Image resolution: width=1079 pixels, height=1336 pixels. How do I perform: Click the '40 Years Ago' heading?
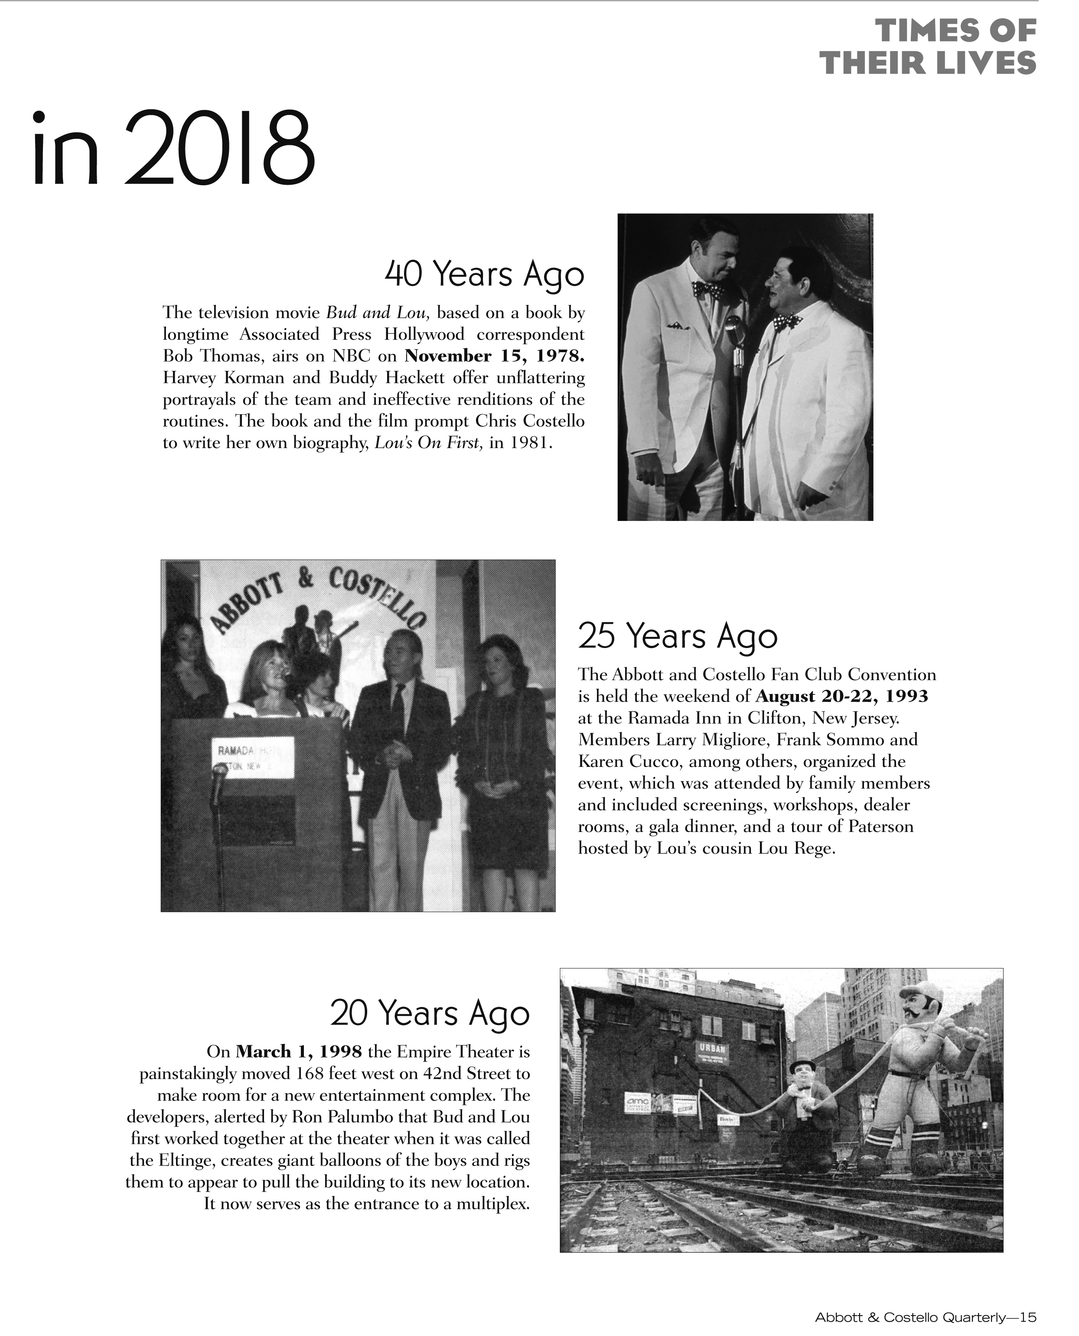pos(484,274)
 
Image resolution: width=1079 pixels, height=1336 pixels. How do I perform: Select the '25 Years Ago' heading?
pos(678,635)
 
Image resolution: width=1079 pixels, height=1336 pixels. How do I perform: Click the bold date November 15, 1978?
pos(494,357)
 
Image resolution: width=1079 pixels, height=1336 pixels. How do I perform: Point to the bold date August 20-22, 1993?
pos(841,696)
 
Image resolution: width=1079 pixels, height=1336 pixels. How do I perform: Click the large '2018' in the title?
pos(221,149)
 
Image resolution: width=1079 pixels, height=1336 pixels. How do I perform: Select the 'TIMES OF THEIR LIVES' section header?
pos(927,47)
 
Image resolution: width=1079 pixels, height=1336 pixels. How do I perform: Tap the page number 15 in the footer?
pos(1028,1317)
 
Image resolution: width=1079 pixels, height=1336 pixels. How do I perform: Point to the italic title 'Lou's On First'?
pos(428,443)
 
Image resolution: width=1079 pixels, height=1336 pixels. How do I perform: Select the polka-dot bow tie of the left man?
pos(707,289)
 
